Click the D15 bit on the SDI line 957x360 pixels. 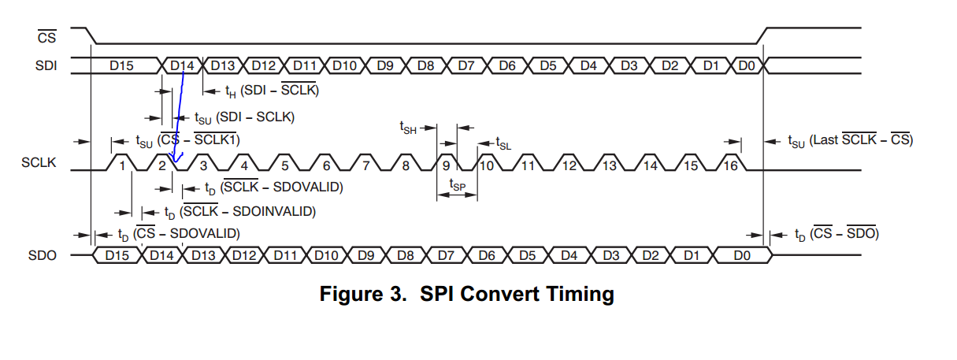(121, 66)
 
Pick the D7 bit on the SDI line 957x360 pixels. (466, 66)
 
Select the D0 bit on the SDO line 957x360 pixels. (742, 255)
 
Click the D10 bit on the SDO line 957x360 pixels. (325, 255)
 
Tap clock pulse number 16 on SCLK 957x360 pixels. (731, 165)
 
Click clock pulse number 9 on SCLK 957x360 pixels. (447, 165)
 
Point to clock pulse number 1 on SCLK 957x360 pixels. (121, 165)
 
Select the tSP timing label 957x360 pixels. (457, 184)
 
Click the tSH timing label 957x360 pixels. (407, 127)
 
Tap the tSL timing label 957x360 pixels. (503, 143)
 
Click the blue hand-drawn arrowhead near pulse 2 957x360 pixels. (175, 160)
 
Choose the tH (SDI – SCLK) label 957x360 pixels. (271, 91)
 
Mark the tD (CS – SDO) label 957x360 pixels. (834, 234)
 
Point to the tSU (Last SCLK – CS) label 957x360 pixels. (850, 140)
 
